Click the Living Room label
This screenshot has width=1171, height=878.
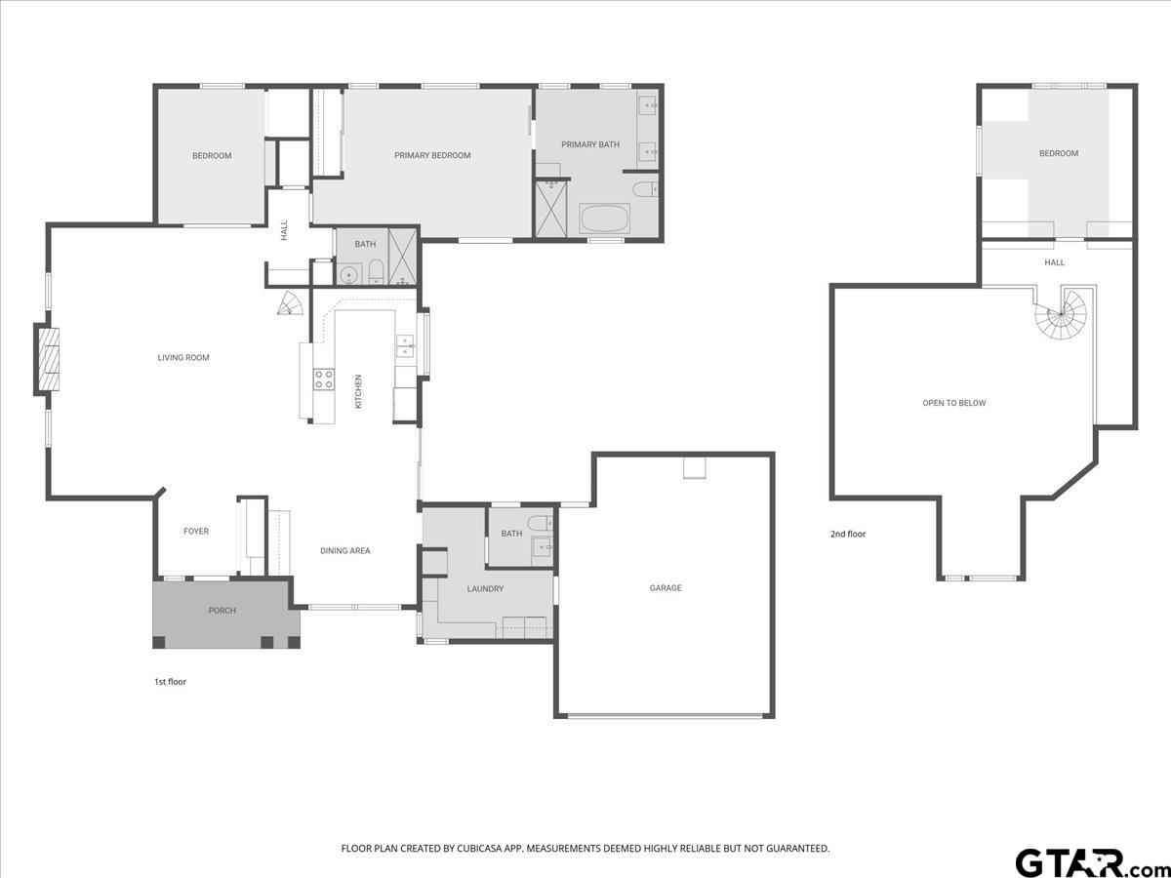pyautogui.click(x=183, y=358)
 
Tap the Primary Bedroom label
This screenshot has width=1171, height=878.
pyautogui.click(x=432, y=156)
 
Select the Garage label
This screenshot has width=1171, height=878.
pyautogui.click(x=666, y=588)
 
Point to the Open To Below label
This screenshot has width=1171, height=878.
pyautogui.click(x=953, y=403)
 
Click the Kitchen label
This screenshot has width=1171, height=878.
pyautogui.click(x=358, y=391)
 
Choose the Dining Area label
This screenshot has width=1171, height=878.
pyautogui.click(x=344, y=550)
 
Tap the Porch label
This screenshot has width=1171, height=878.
pyautogui.click(x=222, y=611)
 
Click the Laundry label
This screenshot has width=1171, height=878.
pyautogui.click(x=485, y=589)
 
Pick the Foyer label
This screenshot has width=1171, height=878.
pyautogui.click(x=196, y=531)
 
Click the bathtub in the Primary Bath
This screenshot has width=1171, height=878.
pyautogui.click(x=605, y=218)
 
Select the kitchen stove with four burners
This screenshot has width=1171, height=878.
pyautogui.click(x=324, y=379)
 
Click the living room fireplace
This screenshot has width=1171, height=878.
pyautogui.click(x=47, y=360)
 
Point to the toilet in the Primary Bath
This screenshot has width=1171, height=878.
pyautogui.click(x=646, y=189)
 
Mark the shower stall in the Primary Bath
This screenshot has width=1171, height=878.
pyautogui.click(x=551, y=209)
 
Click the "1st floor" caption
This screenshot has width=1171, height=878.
pyautogui.click(x=170, y=682)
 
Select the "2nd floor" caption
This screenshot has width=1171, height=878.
pyautogui.click(x=848, y=534)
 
